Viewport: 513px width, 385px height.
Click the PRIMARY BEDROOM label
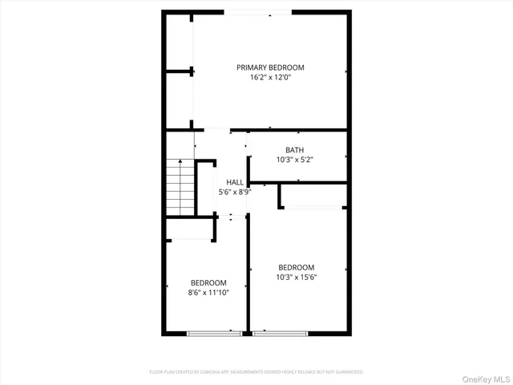[270, 67]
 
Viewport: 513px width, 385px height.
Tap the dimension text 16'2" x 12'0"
[270, 79]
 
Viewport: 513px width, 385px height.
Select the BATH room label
[294, 149]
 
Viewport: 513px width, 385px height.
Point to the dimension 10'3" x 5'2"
[294, 160]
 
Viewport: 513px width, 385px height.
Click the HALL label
[235, 182]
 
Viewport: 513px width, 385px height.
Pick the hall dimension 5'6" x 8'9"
[235, 192]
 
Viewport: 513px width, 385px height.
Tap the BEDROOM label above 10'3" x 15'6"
[296, 267]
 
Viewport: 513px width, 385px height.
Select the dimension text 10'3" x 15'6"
[296, 278]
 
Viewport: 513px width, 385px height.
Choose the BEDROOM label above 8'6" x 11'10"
[208, 282]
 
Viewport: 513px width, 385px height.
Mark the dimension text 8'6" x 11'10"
[208, 293]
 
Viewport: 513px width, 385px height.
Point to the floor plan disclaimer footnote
[256, 372]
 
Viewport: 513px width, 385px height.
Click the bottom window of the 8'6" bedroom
[214, 332]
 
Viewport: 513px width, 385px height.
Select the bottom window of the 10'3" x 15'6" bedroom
[279, 332]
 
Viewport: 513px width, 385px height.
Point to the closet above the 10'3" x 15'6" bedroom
[313, 196]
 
